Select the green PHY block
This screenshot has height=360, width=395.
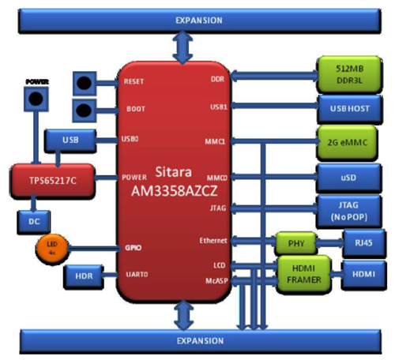[x=295, y=242]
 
